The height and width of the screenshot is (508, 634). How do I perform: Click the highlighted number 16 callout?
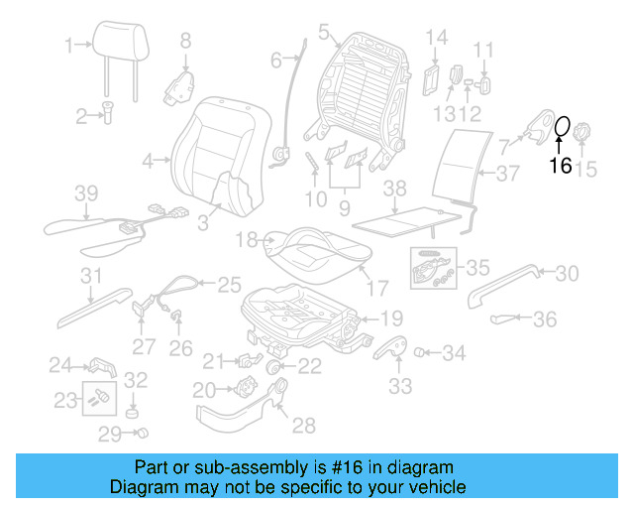click(x=561, y=166)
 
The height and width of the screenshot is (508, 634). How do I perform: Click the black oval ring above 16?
click(x=561, y=127)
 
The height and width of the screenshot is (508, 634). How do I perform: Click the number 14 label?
click(x=437, y=38)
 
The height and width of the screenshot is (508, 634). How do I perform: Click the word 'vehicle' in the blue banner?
click(x=432, y=487)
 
